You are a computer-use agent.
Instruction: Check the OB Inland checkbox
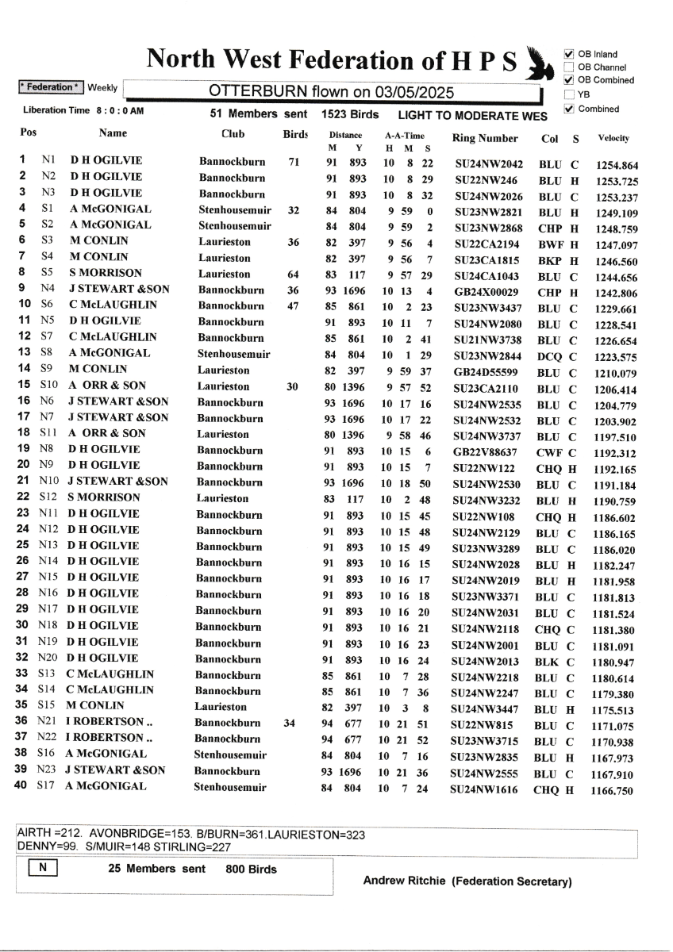click(x=568, y=54)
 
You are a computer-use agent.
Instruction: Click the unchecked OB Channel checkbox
click(x=568, y=67)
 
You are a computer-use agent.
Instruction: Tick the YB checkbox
click(x=568, y=94)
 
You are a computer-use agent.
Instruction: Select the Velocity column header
click(x=614, y=138)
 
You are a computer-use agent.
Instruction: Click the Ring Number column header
click(x=485, y=138)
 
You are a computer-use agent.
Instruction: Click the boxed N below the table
click(x=42, y=869)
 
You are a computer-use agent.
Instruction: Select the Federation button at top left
click(x=50, y=86)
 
